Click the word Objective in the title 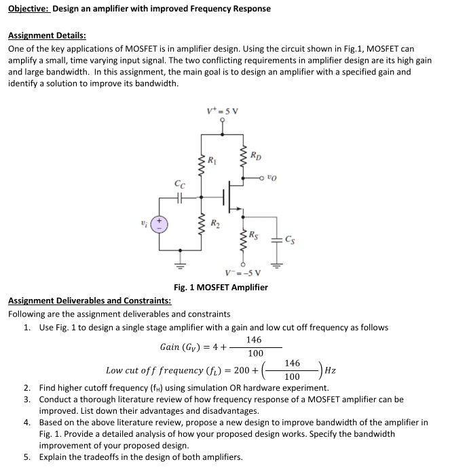pyautogui.click(x=29, y=9)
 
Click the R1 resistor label pyautogui.click(x=212, y=161)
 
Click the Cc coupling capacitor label pyautogui.click(x=179, y=183)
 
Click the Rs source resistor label pyautogui.click(x=254, y=235)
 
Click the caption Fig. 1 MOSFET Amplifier pyautogui.click(x=221, y=287)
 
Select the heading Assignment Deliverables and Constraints pyautogui.click(x=89, y=300)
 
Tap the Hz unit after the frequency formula pyautogui.click(x=331, y=370)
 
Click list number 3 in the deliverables pyautogui.click(x=26, y=399)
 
